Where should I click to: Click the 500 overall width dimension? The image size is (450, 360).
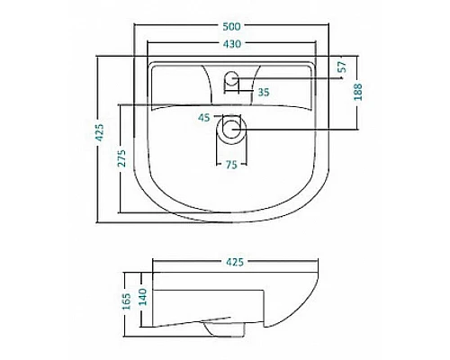tap(231, 26)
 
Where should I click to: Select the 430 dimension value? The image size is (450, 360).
tap(232, 44)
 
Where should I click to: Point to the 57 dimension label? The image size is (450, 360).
tap(342, 67)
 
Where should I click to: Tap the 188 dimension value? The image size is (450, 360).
tap(358, 92)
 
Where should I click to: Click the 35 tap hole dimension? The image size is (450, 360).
tap(264, 92)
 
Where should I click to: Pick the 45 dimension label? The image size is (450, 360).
tap(204, 118)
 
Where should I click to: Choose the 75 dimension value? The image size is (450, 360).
tap(231, 165)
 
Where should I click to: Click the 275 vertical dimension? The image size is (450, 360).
tap(121, 157)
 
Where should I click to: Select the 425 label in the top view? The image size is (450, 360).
tap(99, 132)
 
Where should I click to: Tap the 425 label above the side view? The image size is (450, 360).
tap(235, 262)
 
